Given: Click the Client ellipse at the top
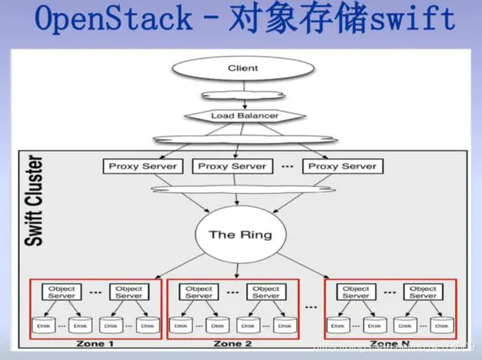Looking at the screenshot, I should click(242, 68).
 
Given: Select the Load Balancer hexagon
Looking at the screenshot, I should click(244, 116).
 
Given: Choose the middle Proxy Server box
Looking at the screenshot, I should click(232, 166).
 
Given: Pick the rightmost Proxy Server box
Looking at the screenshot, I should click(342, 166).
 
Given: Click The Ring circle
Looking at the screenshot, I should click(240, 235).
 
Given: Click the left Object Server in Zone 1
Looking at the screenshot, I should click(62, 292).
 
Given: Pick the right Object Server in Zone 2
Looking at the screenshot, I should click(266, 292).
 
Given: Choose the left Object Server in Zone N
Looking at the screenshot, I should click(356, 292).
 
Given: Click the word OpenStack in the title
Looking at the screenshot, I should click(114, 19).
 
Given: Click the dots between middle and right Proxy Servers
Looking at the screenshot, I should click(287, 167).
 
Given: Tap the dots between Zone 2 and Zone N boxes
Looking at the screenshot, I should click(311, 306).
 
